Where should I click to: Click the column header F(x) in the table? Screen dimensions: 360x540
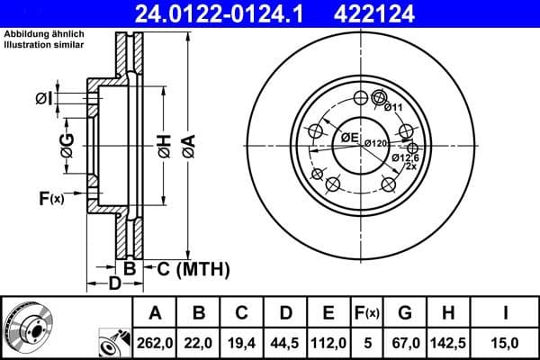coord(367,312)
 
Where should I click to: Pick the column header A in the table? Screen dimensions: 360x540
coord(154,312)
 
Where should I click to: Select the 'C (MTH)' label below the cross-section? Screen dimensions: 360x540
coord(193,269)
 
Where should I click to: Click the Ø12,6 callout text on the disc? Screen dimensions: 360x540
coord(404,157)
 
